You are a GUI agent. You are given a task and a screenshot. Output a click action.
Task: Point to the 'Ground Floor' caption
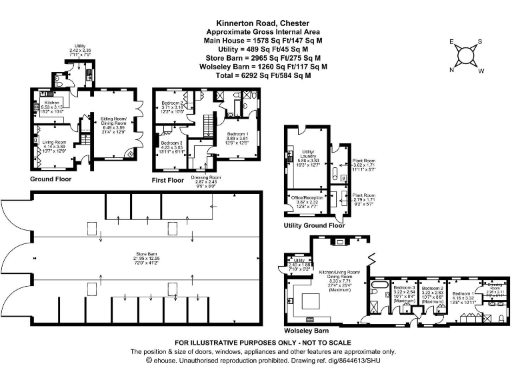click(x=51, y=179)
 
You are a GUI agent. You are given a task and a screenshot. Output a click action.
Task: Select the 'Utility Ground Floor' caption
click(x=314, y=225)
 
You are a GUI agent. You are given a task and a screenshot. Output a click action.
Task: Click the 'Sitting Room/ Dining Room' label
click(x=114, y=121)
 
